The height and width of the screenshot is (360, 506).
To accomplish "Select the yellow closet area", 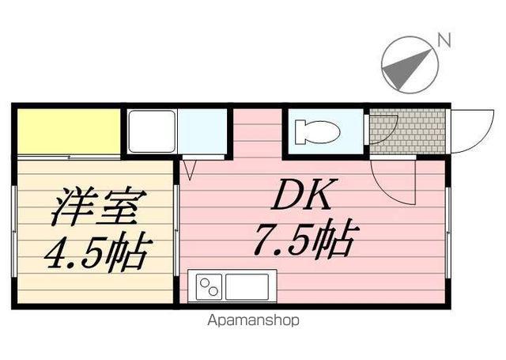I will pos(69,131).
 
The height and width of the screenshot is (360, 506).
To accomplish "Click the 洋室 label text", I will pos(95,208).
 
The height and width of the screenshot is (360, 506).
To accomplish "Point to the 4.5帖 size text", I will pos(95,252).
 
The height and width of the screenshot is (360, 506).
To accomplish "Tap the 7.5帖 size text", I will pos(304,240).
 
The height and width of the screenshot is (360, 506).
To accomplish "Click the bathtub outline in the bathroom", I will pos(151,131).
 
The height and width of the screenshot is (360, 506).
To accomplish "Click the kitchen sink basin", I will pos(248,286).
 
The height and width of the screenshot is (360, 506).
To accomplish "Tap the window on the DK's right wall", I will pos(448,233).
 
